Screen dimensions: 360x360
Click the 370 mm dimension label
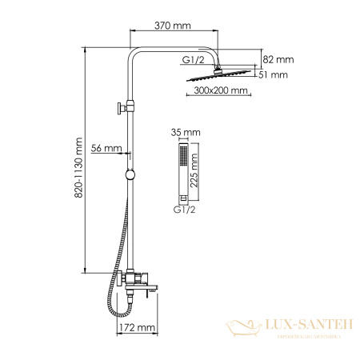pos(172,26)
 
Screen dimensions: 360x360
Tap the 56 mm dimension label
pos(106,148)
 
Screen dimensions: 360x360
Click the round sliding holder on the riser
pos(130,175)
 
